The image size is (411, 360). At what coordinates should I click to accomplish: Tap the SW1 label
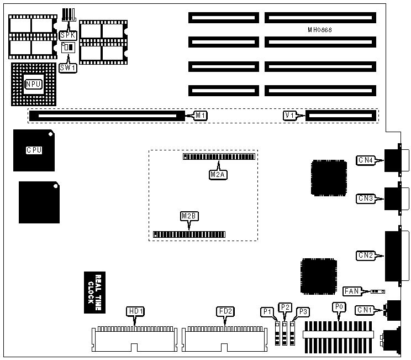coord(67,68)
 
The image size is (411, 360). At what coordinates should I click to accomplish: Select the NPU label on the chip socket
coord(33,84)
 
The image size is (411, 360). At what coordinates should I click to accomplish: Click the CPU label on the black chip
coord(34,150)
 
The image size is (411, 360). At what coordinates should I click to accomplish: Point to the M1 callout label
coord(201,116)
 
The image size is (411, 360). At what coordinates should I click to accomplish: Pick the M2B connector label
coord(189,216)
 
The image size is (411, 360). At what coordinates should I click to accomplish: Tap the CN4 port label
coord(366,161)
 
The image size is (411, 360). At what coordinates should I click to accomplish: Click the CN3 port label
coord(366,198)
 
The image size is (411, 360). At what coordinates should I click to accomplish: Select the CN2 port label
coord(366,255)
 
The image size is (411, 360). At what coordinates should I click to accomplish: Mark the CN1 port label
coord(366,310)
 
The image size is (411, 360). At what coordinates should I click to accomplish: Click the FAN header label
coord(352,291)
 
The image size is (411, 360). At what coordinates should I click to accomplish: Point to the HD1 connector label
coord(135,311)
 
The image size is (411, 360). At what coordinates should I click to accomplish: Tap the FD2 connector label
coord(225,311)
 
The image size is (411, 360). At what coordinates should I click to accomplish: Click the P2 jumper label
coord(285,307)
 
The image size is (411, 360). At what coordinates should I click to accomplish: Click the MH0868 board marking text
coord(319,29)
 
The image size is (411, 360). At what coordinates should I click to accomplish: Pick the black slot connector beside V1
coord(340,116)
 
